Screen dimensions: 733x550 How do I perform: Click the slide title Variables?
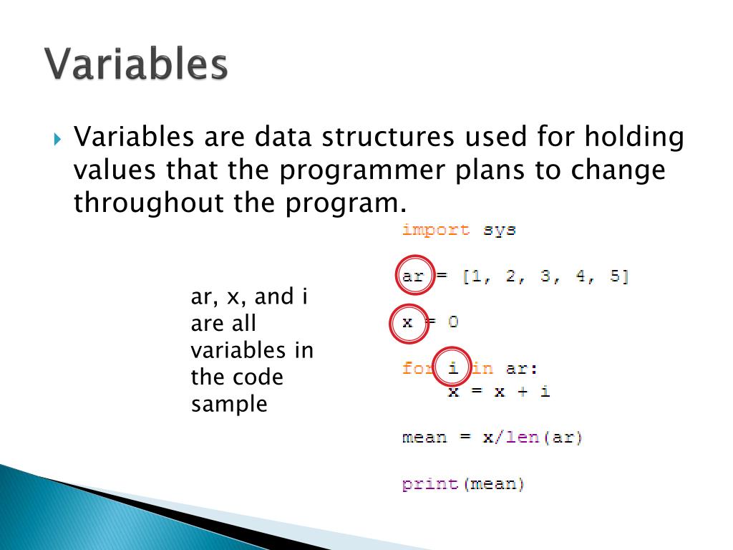point(136,64)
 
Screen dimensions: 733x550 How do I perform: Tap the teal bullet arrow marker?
point(57,139)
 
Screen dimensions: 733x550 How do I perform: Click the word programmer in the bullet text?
point(361,172)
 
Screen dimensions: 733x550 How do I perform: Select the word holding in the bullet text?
point(634,137)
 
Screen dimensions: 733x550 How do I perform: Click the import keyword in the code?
point(436,230)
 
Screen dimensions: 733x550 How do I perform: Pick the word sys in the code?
point(499,230)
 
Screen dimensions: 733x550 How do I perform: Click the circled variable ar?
point(413,276)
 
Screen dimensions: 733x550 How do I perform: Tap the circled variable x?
point(407,323)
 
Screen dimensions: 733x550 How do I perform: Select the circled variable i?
point(452,367)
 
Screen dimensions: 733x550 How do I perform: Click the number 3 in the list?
point(545,276)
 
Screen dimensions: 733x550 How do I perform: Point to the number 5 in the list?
point(615,276)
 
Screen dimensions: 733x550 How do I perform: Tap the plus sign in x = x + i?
point(522,391)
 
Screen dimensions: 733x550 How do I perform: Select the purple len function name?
point(522,437)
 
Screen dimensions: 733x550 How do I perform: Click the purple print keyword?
point(430,483)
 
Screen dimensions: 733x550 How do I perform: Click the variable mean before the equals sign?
point(424,438)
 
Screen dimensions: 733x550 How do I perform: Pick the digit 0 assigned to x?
point(453,322)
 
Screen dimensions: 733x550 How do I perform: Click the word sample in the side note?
point(229,405)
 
